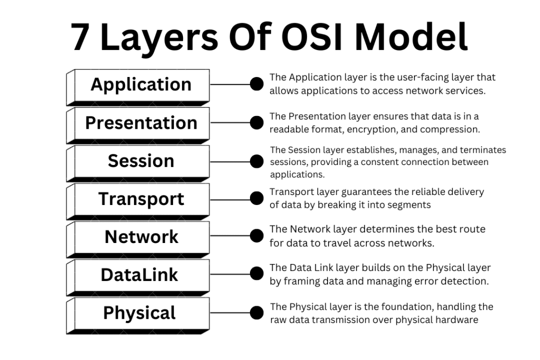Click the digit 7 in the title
click(x=80, y=38)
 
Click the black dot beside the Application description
click(x=256, y=84)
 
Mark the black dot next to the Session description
click(x=256, y=160)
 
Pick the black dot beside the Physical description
click(x=256, y=313)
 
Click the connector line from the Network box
click(x=229, y=236)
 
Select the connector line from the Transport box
click(x=229, y=198)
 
